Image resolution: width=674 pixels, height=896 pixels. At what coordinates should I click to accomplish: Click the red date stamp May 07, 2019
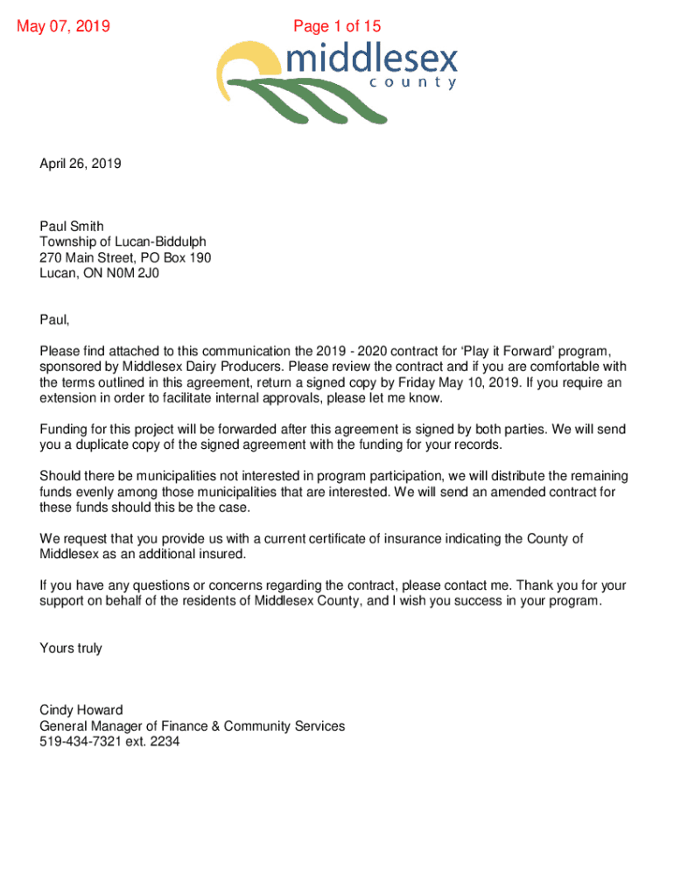(64, 26)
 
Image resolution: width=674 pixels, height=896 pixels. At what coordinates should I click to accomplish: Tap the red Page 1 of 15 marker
(337, 26)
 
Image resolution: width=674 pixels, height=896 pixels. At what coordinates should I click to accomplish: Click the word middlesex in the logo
(371, 60)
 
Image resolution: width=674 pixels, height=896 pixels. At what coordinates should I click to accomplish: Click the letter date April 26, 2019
(81, 164)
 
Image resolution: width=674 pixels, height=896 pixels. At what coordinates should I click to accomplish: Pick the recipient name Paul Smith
(72, 227)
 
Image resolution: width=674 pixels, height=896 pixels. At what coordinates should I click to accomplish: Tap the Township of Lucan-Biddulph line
(123, 242)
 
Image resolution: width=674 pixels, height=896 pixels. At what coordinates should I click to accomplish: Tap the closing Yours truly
(71, 648)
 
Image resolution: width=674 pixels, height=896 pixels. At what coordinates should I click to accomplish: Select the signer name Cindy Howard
(81, 710)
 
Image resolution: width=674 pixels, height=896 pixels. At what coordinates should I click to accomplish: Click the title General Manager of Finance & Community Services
(193, 726)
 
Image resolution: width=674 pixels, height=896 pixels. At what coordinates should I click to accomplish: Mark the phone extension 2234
(164, 742)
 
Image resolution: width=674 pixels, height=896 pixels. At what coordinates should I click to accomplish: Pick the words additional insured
(197, 555)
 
